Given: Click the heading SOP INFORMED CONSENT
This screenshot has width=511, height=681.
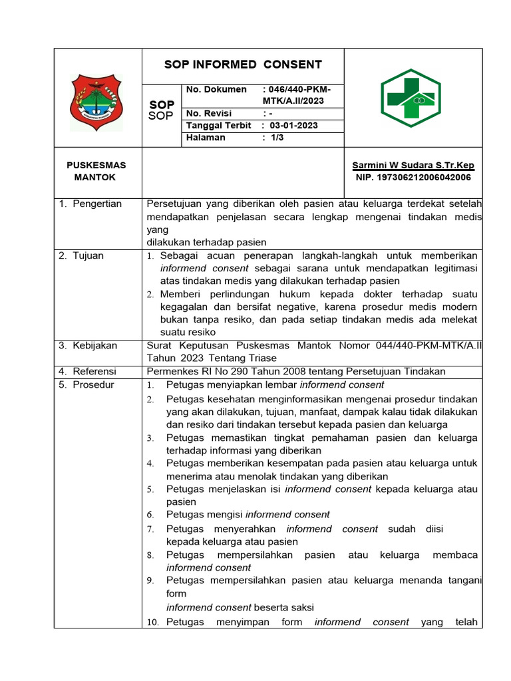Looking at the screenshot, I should (243, 65).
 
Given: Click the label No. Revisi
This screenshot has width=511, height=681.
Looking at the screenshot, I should (208, 114).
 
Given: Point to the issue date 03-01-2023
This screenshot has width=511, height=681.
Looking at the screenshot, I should (293, 126).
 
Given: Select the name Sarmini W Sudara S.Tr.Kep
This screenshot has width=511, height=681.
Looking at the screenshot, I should (413, 165).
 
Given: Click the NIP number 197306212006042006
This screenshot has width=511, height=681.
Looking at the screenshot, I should (414, 178).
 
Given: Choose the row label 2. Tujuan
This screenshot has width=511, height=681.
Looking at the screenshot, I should (81, 255).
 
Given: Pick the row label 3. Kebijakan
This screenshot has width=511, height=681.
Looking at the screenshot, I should (88, 345).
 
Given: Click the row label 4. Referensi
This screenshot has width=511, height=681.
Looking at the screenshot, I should (88, 371).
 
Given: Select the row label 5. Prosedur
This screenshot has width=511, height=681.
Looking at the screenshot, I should (86, 384).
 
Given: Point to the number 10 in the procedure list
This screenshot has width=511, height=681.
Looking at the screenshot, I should (152, 622).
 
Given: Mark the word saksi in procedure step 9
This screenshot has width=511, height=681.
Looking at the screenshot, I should (300, 607).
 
